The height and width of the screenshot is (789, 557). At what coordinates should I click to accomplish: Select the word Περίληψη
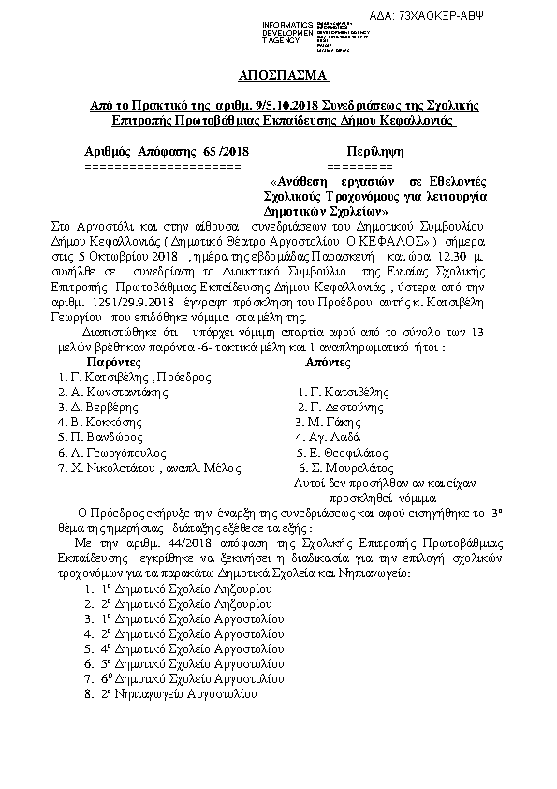[374, 151]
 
